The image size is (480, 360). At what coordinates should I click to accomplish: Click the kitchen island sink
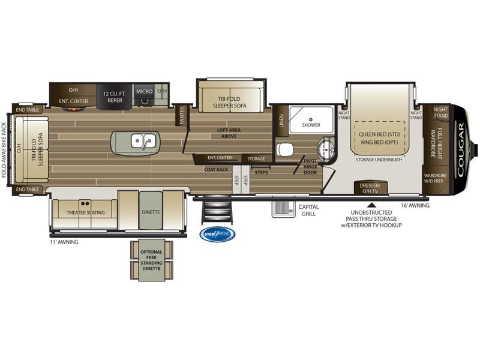tap(143, 142)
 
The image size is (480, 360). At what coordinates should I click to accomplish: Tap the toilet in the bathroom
tap(284, 148)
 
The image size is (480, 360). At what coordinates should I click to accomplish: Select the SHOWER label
tap(311, 125)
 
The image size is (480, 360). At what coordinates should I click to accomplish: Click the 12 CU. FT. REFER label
tap(112, 97)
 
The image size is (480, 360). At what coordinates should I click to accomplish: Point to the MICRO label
tap(143, 91)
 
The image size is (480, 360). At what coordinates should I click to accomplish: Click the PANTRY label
tap(182, 115)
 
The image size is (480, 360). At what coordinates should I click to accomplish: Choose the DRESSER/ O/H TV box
tap(370, 188)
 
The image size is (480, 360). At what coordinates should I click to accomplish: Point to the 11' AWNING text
tap(64, 242)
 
